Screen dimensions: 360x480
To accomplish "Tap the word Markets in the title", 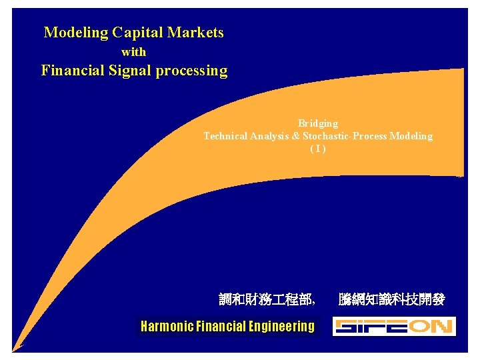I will tap(196, 32).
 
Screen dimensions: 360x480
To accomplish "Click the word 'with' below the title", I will tap(133, 51).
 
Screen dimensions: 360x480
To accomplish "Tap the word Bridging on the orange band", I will tap(318, 123).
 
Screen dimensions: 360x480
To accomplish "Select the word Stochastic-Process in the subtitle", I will tap(345, 136).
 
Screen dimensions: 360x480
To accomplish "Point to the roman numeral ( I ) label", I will tap(318, 149).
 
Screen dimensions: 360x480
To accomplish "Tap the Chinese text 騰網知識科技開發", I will tap(391, 300).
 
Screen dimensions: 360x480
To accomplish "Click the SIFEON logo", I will tap(394, 326).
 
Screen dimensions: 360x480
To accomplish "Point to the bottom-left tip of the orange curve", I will tap(14, 348).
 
